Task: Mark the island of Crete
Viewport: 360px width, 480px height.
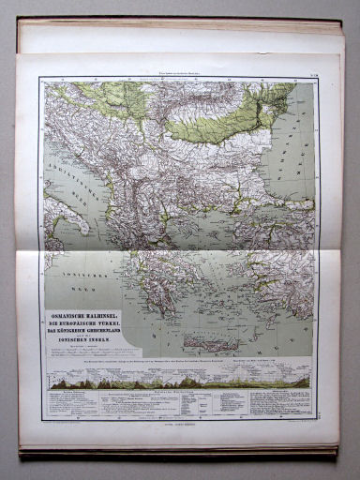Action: coord(231,344)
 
